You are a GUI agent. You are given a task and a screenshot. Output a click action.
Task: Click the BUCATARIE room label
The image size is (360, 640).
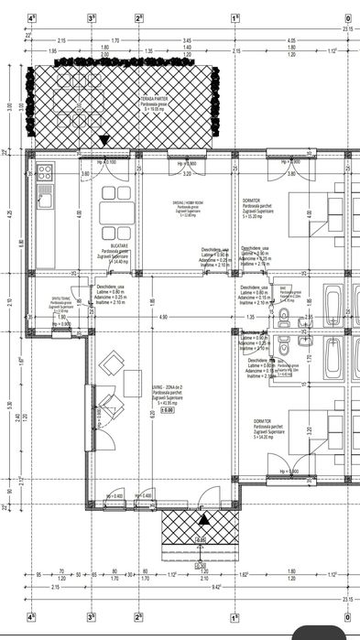(x=115, y=248)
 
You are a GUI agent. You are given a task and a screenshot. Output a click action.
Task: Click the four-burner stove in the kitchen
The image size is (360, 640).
(x=45, y=171)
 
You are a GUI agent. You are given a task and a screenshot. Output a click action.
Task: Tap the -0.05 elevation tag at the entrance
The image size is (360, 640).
(x=200, y=539)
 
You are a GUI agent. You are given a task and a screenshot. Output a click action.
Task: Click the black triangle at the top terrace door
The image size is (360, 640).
(x=104, y=140)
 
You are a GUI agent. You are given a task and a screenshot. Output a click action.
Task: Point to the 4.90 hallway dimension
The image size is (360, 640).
(x=162, y=318)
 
